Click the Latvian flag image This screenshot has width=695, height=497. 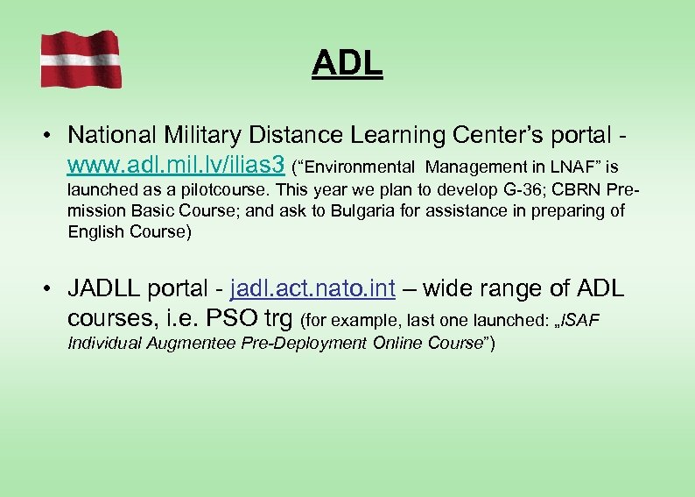click(x=81, y=59)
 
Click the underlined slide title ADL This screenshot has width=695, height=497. click(x=347, y=63)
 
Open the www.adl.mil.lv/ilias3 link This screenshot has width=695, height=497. click(x=176, y=165)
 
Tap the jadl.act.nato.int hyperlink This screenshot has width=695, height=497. click(x=312, y=288)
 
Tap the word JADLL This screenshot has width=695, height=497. click(x=105, y=288)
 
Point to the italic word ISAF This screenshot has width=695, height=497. click(x=580, y=319)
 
